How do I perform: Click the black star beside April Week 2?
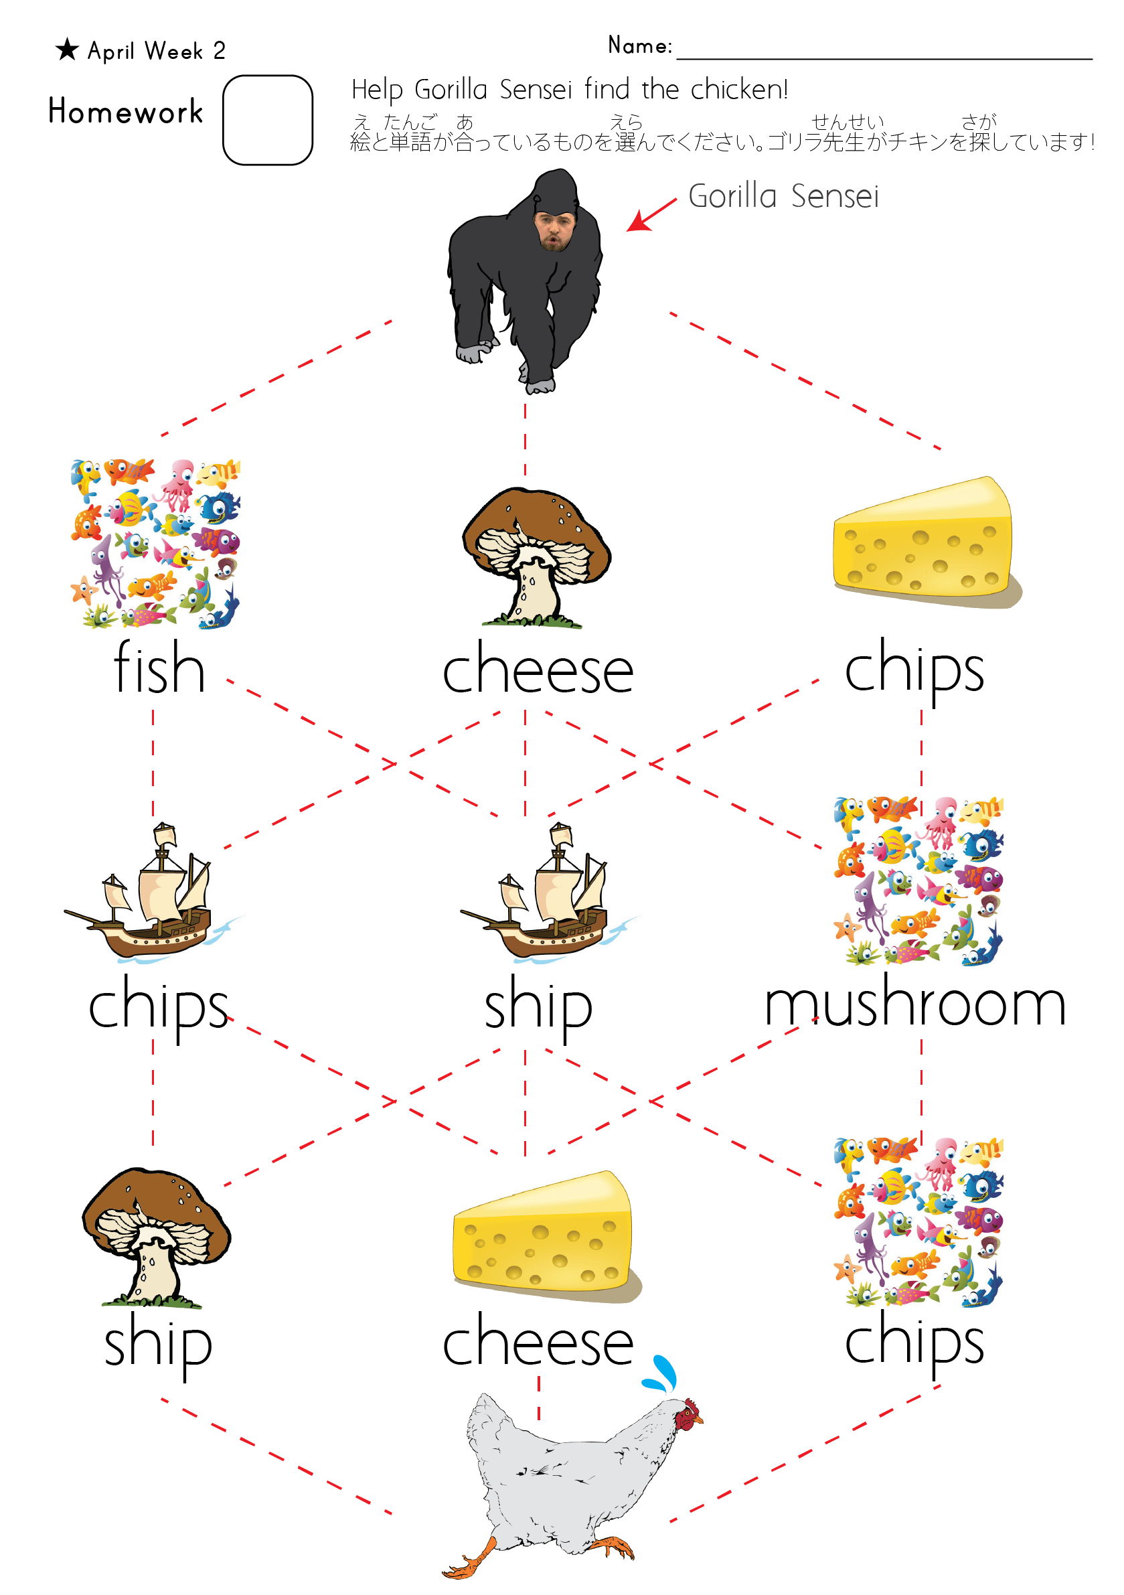[67, 50]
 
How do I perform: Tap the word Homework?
[126, 112]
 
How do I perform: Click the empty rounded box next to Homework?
[268, 120]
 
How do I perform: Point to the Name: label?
[640, 46]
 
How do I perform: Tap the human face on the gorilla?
[554, 230]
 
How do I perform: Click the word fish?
[159, 668]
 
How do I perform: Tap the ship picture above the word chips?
[155, 893]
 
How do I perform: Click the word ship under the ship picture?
[538, 1006]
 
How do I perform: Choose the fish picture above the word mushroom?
[918, 881]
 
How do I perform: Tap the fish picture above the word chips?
[918, 1222]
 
